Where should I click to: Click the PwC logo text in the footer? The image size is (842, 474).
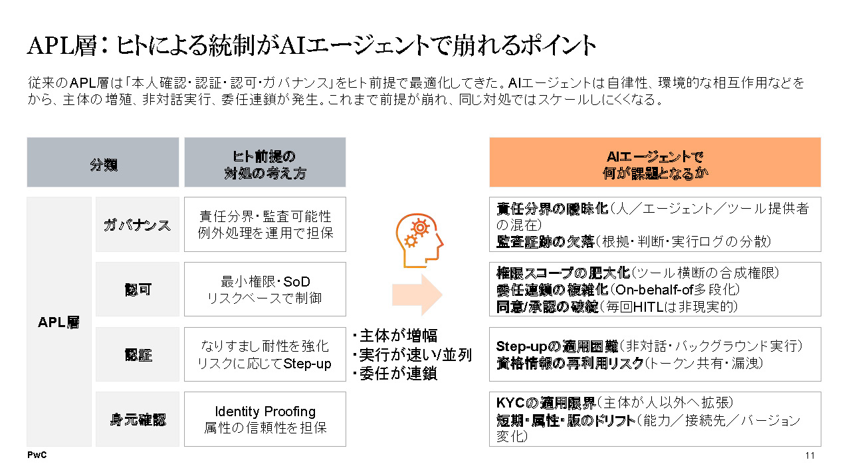(37, 455)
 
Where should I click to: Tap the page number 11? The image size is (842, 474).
(810, 455)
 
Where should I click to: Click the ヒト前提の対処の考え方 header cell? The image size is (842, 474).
(265, 162)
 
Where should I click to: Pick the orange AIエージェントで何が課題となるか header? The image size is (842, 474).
(655, 162)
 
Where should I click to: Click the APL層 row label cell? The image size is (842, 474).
(59, 322)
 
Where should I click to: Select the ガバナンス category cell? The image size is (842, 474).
(137, 225)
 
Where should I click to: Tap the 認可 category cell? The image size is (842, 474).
(137, 289)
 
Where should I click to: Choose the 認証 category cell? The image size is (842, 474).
(137, 354)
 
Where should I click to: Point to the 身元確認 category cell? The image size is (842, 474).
(137, 419)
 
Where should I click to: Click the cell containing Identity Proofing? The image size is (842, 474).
(265, 419)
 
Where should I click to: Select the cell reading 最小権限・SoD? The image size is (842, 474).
(265, 289)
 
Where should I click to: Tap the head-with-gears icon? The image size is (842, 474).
(419, 241)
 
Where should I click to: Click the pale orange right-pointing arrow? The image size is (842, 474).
(417, 295)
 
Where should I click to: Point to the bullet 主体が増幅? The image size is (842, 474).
(395, 336)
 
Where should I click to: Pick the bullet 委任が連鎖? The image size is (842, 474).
(395, 374)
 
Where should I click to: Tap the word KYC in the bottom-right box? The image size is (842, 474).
(510, 403)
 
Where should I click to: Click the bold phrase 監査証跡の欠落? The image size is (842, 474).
(545, 242)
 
